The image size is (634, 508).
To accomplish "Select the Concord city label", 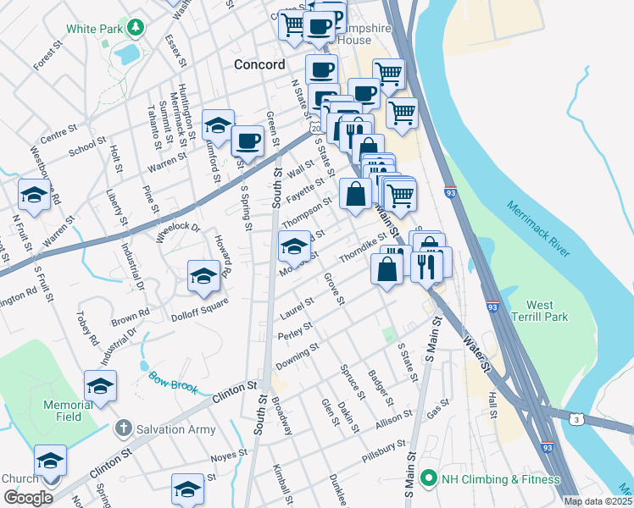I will click(x=259, y=65).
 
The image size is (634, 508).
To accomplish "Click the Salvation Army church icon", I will click(x=125, y=428).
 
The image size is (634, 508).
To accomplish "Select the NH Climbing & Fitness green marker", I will click(x=427, y=479).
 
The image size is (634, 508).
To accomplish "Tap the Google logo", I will click(x=28, y=498).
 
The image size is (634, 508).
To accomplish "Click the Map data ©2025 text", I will click(x=598, y=501).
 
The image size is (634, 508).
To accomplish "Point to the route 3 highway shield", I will click(x=576, y=419).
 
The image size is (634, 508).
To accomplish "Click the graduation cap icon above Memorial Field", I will click(x=100, y=386).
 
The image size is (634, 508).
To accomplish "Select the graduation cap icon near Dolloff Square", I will click(x=203, y=276).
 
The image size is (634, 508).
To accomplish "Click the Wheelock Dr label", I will click(x=178, y=232).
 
